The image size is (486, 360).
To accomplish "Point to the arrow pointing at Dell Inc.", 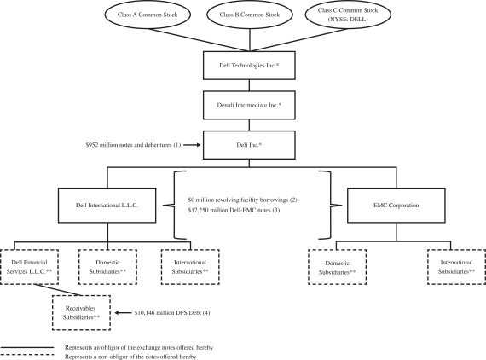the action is (192, 145).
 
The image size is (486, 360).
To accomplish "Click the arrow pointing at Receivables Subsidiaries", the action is (124, 313).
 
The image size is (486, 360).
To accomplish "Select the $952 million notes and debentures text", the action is (133, 145).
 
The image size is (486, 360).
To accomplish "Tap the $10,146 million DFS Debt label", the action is (172, 313).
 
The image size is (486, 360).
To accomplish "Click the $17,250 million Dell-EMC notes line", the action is (234, 210).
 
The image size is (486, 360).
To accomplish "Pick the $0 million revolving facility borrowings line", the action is (243, 200).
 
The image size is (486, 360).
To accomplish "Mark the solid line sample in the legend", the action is (27, 347).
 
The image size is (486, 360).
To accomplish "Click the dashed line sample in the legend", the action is (27, 355).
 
